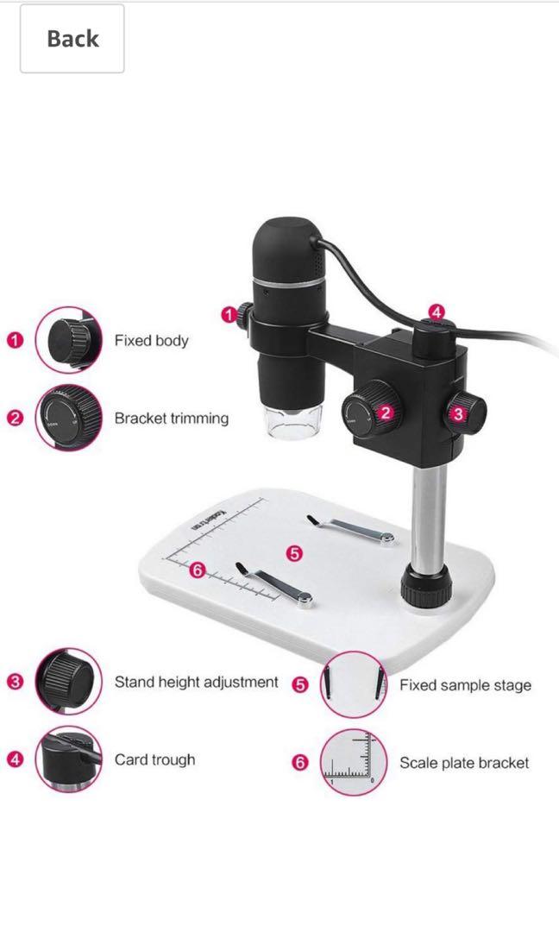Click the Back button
pyautogui.click(x=72, y=39)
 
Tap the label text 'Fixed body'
pyautogui.click(x=151, y=341)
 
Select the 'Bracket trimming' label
pyautogui.click(x=171, y=419)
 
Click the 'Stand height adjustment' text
pyautogui.click(x=196, y=683)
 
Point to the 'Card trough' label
pyautogui.click(x=154, y=760)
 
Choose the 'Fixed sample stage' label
pyautogui.click(x=464, y=686)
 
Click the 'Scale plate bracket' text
pyautogui.click(x=463, y=763)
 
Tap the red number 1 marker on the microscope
pyautogui.click(x=229, y=316)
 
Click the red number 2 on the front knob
pyautogui.click(x=385, y=412)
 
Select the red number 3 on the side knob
pyautogui.click(x=458, y=413)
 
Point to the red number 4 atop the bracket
pyautogui.click(x=437, y=312)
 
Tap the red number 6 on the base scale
pyautogui.click(x=197, y=570)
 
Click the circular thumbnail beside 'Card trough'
pyautogui.click(x=68, y=760)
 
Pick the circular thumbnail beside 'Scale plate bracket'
pyautogui.click(x=353, y=763)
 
